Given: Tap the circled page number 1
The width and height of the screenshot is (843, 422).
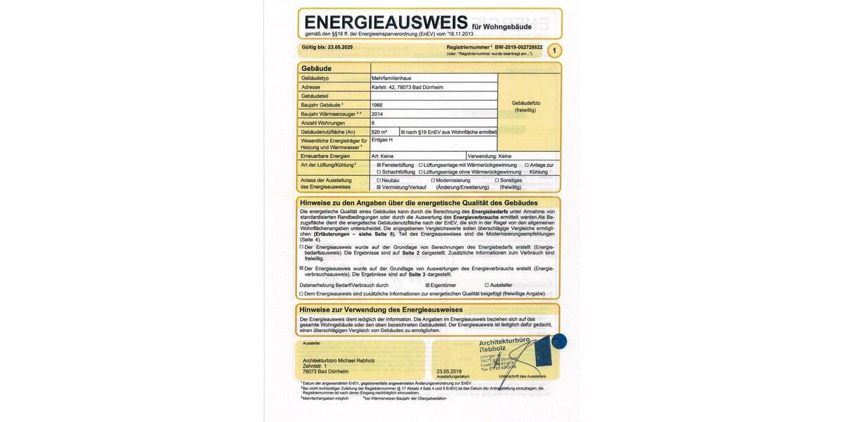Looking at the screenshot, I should (x=554, y=51).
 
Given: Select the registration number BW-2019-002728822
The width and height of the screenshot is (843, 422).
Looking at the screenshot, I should (x=518, y=47).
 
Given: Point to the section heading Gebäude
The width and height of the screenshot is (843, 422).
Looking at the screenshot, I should (x=316, y=68).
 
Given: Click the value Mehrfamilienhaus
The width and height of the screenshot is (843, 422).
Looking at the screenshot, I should (x=392, y=78).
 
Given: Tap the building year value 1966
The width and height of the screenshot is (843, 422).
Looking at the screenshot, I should (x=377, y=105).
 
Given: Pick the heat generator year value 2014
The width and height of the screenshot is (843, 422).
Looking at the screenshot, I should (x=377, y=114).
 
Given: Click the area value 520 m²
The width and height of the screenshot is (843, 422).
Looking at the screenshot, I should (x=380, y=132).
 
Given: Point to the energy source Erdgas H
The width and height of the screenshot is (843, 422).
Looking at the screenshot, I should (x=382, y=140).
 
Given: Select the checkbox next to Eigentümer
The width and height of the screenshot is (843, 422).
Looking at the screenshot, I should (x=428, y=286).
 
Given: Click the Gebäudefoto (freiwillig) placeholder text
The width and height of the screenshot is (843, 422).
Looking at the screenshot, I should (x=529, y=106).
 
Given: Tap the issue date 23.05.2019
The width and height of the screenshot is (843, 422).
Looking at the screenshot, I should (x=449, y=371).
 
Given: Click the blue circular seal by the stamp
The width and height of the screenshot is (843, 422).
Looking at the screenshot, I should (x=559, y=342).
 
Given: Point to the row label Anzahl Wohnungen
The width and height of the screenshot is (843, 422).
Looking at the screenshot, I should (x=322, y=122).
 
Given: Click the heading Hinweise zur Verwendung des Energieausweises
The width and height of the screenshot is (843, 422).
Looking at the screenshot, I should (x=381, y=309).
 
